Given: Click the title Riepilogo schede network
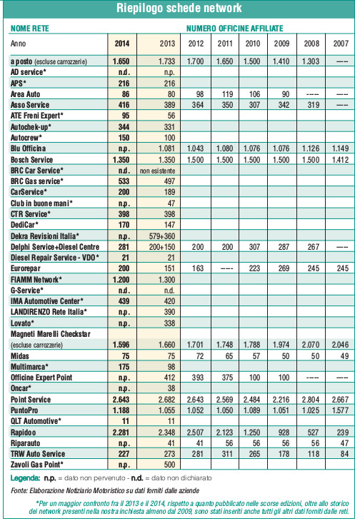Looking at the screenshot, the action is coord(179,8).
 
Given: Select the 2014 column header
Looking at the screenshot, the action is coord(122,44).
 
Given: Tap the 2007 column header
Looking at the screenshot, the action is coord(341,44).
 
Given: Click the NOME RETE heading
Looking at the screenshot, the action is coord(30,29).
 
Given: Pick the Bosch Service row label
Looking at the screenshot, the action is coord(31,159).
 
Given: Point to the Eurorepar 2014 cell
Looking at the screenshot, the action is coord(124,268).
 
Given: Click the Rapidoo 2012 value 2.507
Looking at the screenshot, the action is coord(196,433).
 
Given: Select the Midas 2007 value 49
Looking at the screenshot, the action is coord(344,356).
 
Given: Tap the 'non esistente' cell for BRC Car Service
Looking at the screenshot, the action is coord(158,171).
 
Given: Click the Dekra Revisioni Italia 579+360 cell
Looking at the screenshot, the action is coord(162,236).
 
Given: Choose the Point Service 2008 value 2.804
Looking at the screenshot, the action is coord(311,400).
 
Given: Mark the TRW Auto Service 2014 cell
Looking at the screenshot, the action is coord(124,454).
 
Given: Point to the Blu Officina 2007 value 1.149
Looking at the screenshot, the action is coord(340,148).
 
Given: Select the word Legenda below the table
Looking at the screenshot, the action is coord(25,478).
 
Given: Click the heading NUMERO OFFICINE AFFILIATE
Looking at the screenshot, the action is coord(235,29).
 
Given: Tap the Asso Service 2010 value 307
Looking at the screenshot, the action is coord(254,105).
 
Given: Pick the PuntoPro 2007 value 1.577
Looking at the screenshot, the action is coord(340,410).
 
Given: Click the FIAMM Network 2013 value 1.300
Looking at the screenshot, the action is coord(166,280).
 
